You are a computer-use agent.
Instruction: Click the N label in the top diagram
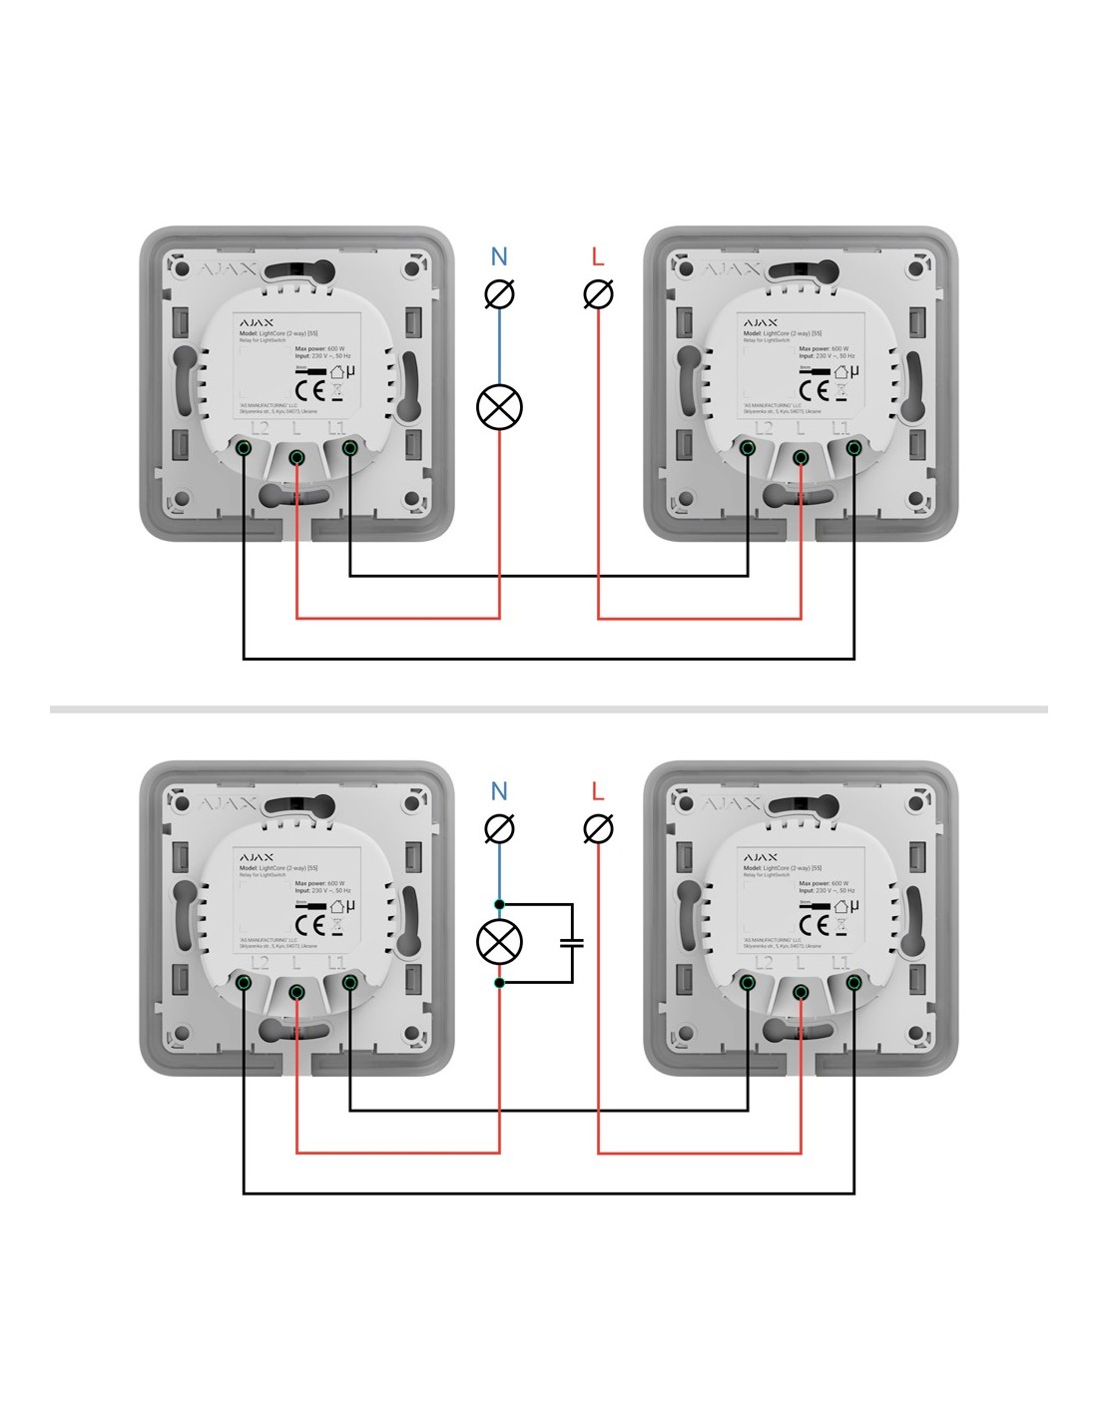(499, 257)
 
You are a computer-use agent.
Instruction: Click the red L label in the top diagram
(598, 257)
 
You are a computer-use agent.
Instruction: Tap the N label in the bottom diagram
(499, 791)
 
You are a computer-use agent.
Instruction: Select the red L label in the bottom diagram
(598, 791)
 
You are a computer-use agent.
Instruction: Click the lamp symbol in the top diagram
(499, 407)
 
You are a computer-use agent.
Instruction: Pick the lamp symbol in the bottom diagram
(499, 942)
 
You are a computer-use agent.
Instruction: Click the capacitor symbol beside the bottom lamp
(572, 942)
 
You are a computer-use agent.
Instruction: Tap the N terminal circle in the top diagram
(499, 294)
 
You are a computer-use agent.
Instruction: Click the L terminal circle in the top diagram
(598, 294)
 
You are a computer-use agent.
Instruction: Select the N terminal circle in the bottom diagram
(499, 828)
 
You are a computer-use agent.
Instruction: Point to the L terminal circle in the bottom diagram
(598, 828)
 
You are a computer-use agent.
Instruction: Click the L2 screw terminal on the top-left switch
(244, 448)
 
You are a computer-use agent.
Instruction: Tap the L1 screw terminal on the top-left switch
(349, 448)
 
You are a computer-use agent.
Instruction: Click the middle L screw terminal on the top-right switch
(801, 457)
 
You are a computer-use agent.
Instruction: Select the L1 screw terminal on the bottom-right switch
(853, 982)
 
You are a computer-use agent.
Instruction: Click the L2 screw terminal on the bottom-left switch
(244, 982)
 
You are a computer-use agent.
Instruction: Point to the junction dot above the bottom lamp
(499, 904)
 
